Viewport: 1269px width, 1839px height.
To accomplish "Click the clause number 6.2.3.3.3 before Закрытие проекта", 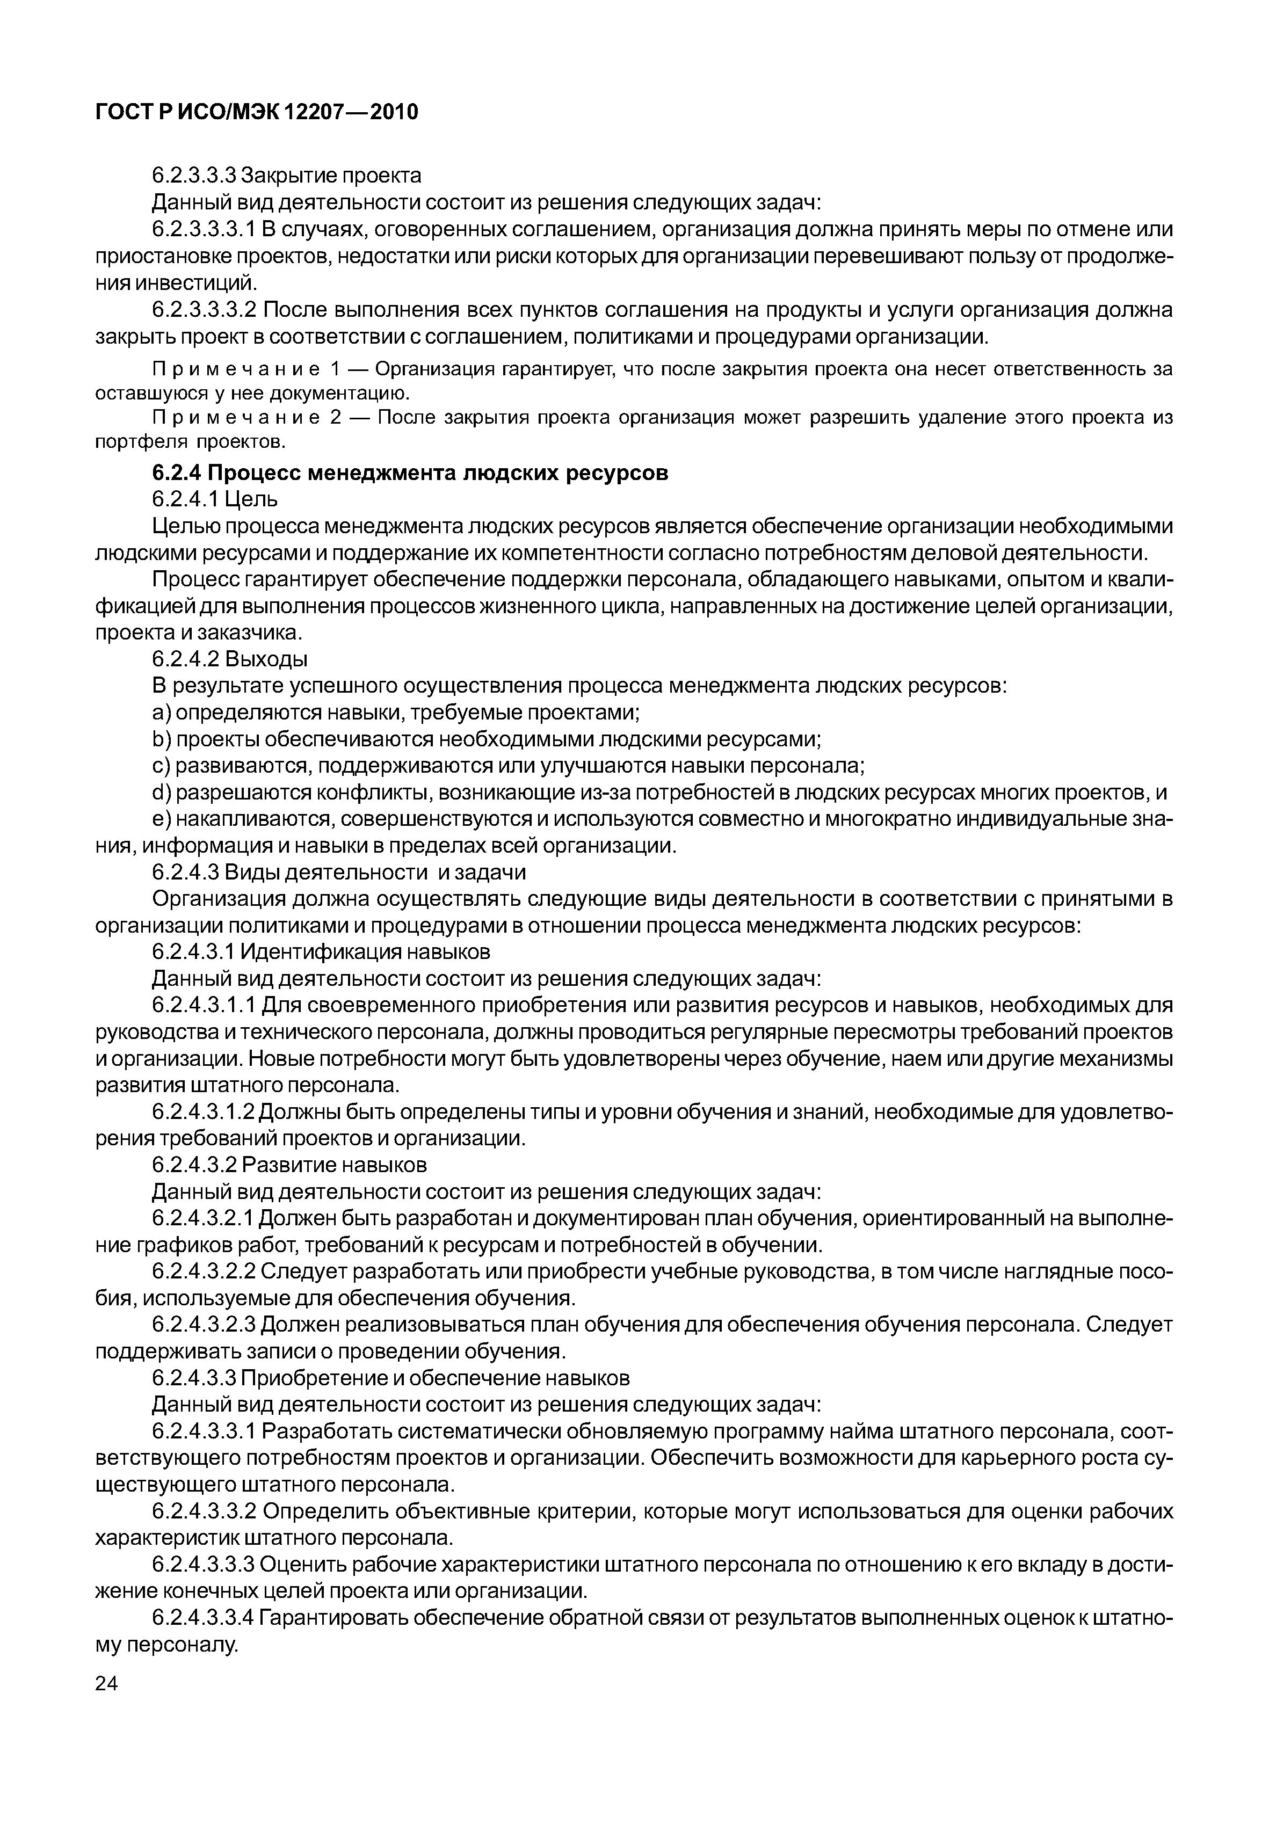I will (194, 175).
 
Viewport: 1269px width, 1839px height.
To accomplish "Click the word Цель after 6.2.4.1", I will (252, 500).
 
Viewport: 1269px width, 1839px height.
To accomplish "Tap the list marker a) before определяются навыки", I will (162, 713).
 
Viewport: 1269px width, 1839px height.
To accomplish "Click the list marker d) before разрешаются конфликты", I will (162, 793).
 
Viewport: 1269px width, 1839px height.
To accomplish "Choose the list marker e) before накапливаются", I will (162, 819).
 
